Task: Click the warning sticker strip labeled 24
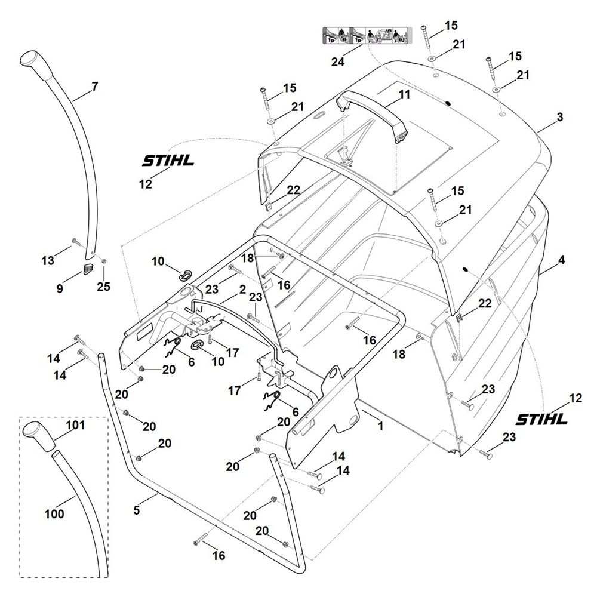pos(367,35)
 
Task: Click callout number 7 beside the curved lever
pos(95,87)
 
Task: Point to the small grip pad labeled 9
pos(88,268)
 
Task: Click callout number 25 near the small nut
pos(103,286)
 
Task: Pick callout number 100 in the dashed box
pos(54,513)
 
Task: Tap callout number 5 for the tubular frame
pos(137,510)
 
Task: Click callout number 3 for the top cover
pos(559,117)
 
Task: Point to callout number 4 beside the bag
pos(561,260)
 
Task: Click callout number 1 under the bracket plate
pos(381,426)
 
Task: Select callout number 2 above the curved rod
pos(242,290)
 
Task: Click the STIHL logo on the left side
pos(168,160)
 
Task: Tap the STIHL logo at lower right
pos(541,419)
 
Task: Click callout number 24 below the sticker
pos(338,61)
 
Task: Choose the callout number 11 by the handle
pos(404,94)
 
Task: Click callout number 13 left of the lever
pos(48,261)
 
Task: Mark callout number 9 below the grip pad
pos(60,288)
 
